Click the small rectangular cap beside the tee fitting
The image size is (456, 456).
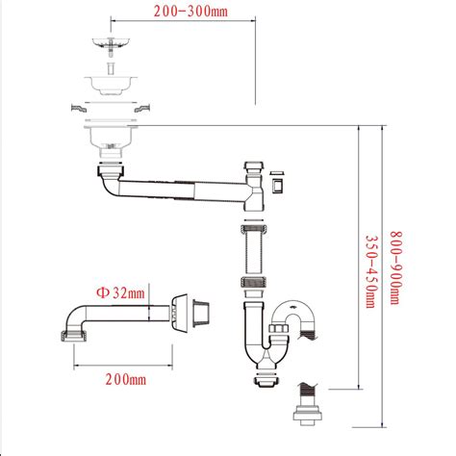279,183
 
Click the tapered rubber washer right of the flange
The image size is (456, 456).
203,312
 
